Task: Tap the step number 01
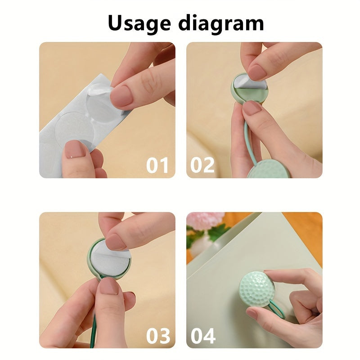(x=157, y=166)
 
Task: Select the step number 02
(x=202, y=166)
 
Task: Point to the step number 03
(x=157, y=336)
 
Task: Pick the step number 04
(x=203, y=336)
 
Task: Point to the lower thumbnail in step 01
(x=76, y=149)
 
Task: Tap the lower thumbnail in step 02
(x=252, y=108)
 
